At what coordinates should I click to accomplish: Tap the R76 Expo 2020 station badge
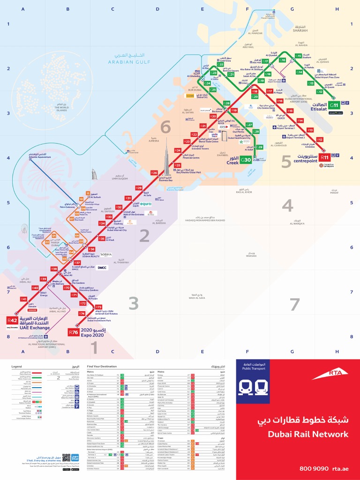tap(73, 332)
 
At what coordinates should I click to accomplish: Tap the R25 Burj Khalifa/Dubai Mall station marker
tap(177, 165)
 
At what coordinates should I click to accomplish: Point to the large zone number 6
tap(165, 127)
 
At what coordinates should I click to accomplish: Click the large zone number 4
tap(287, 205)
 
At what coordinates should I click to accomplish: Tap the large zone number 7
tap(294, 304)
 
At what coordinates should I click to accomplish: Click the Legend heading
tap(17, 366)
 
